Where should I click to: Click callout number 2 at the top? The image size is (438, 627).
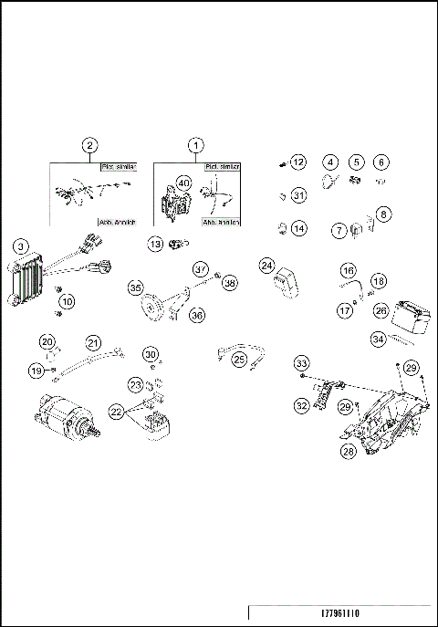89,145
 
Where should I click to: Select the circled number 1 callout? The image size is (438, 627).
194,145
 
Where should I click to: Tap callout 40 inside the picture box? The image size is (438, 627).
184,183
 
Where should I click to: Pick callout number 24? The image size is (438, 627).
266,265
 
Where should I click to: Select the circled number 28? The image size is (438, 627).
348,450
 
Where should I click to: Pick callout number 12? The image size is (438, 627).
297,162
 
